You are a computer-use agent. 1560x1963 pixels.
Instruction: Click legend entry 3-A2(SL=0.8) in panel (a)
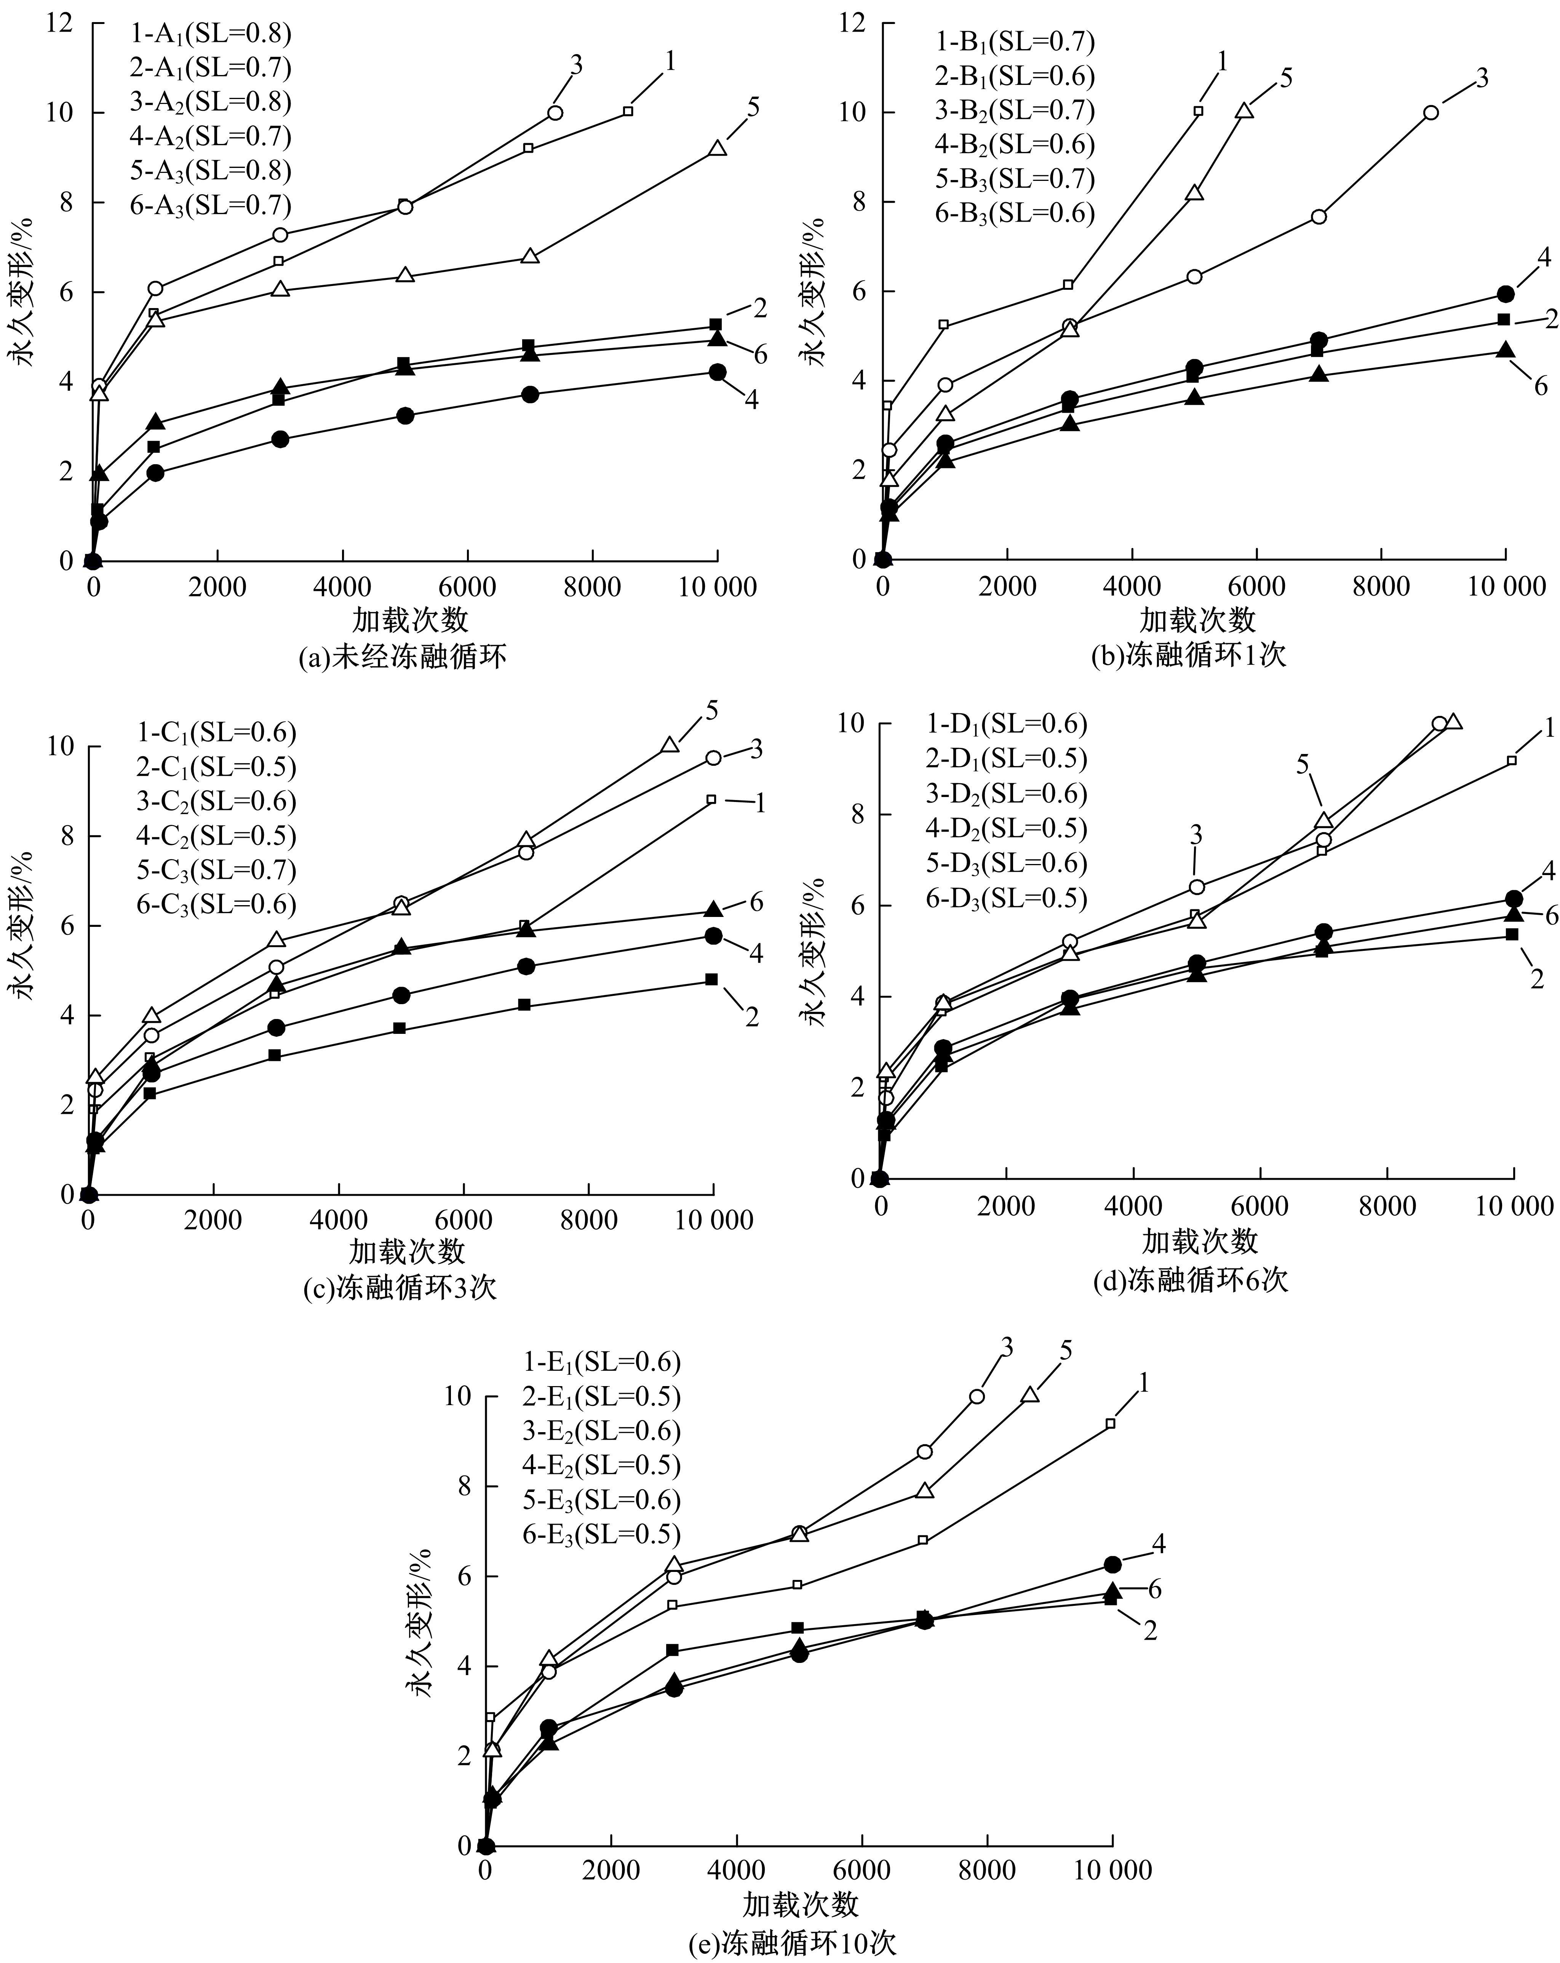[210, 102]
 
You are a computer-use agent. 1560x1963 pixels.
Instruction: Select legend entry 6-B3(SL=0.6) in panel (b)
[1015, 213]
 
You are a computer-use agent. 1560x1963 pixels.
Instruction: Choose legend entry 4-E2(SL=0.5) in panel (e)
[601, 1465]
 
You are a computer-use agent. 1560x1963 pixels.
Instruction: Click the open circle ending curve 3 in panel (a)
[555, 113]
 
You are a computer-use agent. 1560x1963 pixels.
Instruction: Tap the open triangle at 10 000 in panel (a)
[718, 149]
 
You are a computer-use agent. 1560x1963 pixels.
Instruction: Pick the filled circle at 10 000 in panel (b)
[1506, 294]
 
